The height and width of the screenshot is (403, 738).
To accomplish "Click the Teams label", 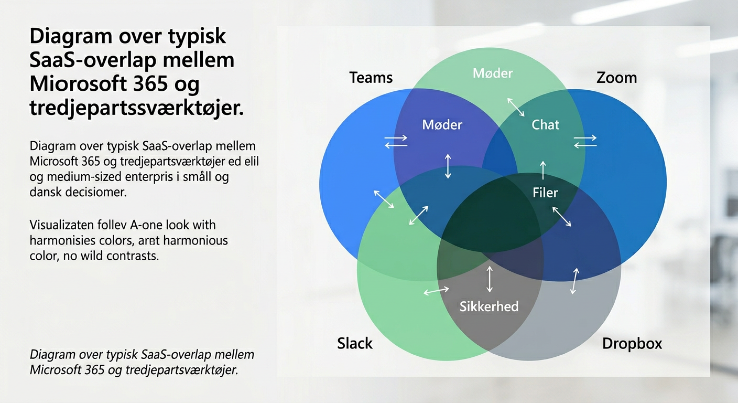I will [x=371, y=78].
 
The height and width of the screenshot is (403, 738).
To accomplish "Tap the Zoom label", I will [x=616, y=78].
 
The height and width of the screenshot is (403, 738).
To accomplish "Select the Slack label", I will [x=355, y=344].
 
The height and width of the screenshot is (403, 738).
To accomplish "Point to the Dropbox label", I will [x=632, y=344].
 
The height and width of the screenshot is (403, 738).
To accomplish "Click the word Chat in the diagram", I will [x=546, y=124].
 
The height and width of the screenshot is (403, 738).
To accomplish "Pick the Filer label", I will [x=545, y=193].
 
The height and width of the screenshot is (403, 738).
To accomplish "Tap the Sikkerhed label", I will [x=489, y=306].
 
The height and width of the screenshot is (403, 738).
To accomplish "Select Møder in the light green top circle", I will [x=493, y=73].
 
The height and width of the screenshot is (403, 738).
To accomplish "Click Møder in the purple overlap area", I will [x=442, y=124].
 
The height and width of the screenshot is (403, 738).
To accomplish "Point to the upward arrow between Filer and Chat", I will [x=543, y=171].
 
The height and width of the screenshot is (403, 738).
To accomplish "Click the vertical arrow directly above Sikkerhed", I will [x=490, y=279].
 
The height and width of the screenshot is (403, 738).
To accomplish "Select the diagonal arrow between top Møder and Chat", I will [x=515, y=107].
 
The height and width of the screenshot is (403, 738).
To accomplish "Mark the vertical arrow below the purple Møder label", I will [x=448, y=166].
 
